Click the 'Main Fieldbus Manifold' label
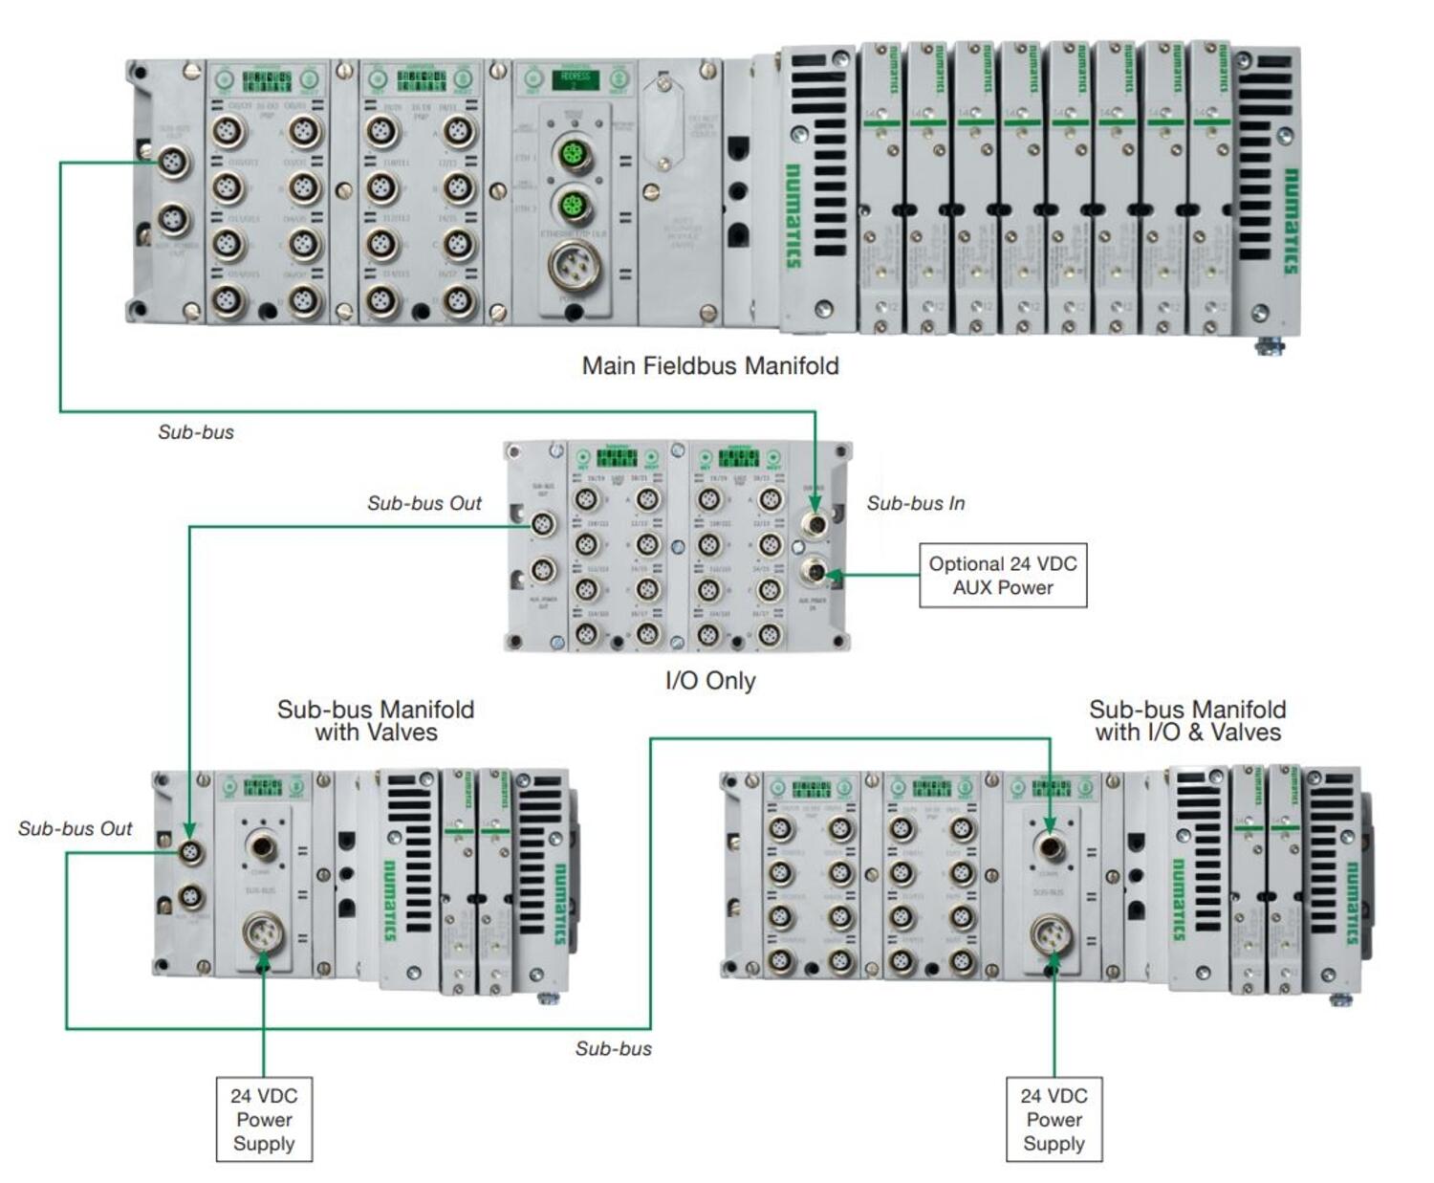coord(709,365)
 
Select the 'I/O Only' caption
coord(709,681)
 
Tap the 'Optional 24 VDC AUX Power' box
coord(1003,576)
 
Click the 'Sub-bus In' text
coord(915,503)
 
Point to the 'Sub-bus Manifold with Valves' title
coord(376,720)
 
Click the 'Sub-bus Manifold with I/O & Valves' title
coord(1187,720)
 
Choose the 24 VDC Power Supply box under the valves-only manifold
coord(264,1119)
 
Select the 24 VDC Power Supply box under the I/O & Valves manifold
coord(1054,1119)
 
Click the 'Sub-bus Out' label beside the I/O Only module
coord(424,503)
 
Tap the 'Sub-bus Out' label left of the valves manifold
coord(75,828)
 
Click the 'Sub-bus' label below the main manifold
coord(196,432)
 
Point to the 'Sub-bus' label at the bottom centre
coord(614,1048)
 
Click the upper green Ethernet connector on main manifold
coord(575,153)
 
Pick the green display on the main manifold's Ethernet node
coord(576,78)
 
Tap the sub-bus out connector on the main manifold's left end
coord(172,163)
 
